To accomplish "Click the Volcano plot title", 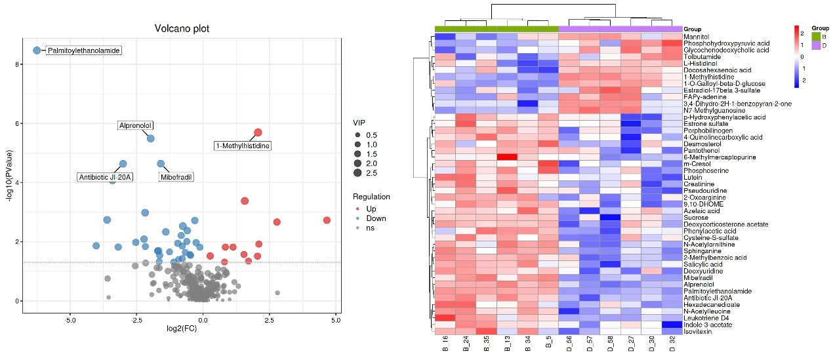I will click(x=181, y=29).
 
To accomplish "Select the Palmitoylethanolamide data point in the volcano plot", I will click(x=37, y=50).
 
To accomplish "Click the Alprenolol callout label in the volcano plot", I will click(x=136, y=125).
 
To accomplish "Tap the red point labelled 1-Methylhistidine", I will click(x=258, y=132).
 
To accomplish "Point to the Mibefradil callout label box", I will click(x=176, y=177).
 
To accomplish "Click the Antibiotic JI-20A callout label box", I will click(x=106, y=177).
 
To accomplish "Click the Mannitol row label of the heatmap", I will click(x=697, y=37).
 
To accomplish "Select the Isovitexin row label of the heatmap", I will click(x=698, y=332).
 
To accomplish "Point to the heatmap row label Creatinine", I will click(x=699, y=184).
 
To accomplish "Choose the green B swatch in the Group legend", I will click(x=816, y=37).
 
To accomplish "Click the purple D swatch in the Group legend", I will click(x=816, y=45).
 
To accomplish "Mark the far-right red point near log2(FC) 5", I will click(x=327, y=220).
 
